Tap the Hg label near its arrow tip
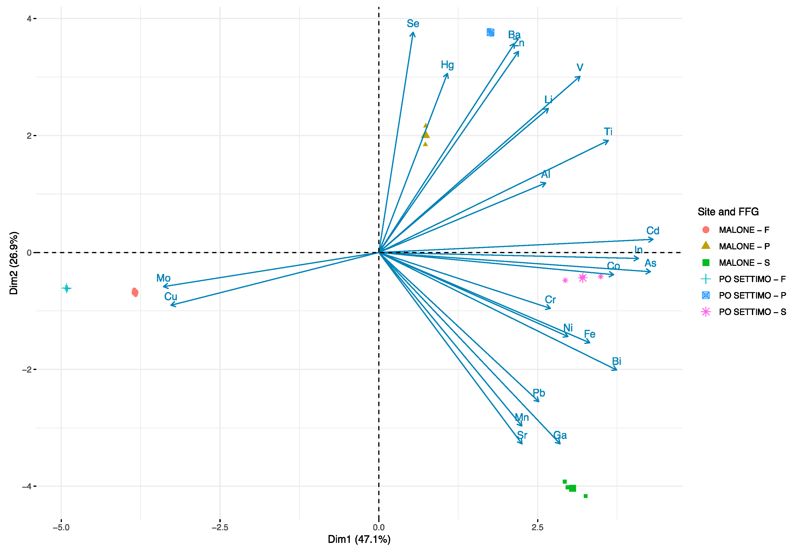pos(447,65)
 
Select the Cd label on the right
pos(653,231)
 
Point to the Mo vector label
pos(163,278)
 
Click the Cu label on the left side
pos(171,297)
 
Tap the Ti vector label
pos(608,132)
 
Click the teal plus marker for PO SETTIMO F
pos(66,288)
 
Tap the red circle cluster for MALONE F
pos(135,292)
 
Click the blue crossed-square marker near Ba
pos(490,32)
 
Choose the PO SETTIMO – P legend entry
pos(752,295)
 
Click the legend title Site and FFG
pos(728,212)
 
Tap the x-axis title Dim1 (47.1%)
pos(359,539)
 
